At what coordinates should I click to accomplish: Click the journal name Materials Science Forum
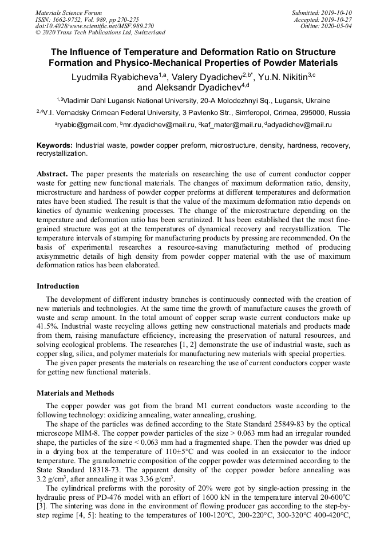(69, 13)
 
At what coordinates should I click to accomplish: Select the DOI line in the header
(94, 26)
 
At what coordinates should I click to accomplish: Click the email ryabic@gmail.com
(86, 124)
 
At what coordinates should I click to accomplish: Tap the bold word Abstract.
(52, 173)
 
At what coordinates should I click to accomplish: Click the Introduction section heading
(58, 286)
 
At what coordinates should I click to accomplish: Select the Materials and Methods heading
(75, 393)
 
